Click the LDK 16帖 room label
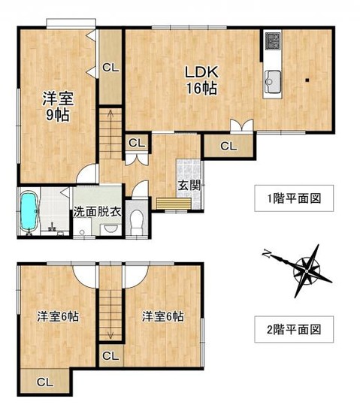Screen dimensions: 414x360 tap(201, 80)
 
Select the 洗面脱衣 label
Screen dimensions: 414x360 tap(97, 212)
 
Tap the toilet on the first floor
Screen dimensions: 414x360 tap(136, 221)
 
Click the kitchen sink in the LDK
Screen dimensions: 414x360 tap(272, 80)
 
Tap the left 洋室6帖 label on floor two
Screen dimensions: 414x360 tap(57, 316)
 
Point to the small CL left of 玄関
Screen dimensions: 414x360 tap(136, 143)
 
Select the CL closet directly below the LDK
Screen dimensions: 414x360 tap(228, 146)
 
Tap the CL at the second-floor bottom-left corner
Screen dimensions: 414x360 tap(44, 382)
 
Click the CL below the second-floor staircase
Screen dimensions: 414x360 tap(110, 356)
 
